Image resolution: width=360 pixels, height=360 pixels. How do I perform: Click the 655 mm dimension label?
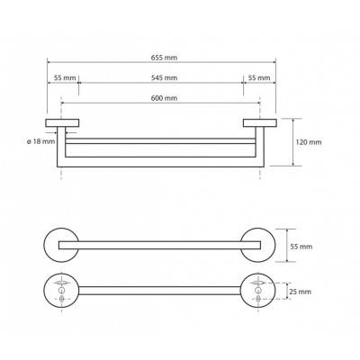[164, 58]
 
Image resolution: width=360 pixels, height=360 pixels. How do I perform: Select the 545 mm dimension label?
[164, 78]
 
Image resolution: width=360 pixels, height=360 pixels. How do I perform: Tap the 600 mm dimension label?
[164, 98]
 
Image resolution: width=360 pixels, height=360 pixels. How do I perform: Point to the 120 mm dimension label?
[309, 142]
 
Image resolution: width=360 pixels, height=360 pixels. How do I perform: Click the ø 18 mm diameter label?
[41, 141]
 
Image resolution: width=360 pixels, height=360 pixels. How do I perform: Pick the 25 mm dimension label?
[300, 292]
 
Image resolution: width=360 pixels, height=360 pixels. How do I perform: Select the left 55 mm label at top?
[65, 78]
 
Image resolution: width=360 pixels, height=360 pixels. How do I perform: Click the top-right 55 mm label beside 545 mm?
[259, 78]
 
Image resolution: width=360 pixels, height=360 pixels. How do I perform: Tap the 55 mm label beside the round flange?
[301, 247]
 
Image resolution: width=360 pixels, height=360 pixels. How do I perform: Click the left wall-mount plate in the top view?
[62, 123]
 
